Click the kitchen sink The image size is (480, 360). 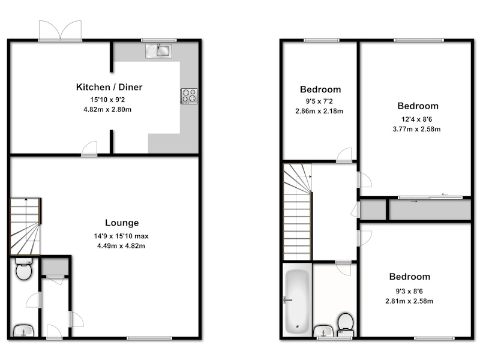158,51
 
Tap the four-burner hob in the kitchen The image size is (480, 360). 189,96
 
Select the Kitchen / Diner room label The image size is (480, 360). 109,87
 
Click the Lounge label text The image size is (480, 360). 122,223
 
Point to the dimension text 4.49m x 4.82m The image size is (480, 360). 121,246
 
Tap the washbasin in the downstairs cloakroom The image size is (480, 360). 23,331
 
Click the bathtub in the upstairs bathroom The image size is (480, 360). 297,302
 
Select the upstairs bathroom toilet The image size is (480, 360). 346,325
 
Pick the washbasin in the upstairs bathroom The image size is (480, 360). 323,331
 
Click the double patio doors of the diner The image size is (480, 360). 61,31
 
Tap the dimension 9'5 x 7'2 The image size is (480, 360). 319,101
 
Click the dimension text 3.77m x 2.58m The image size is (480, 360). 416,129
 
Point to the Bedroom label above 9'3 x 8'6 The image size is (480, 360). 410,277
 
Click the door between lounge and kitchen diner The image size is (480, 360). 89,149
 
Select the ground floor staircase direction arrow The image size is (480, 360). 26,211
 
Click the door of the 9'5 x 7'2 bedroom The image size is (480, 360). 344,155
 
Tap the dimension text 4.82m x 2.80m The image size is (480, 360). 107,109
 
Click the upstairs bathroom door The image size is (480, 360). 343,268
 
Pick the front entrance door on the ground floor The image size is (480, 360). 55,332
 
